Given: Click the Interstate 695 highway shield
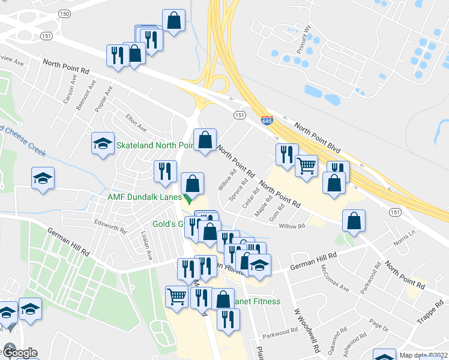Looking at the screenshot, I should click(267, 121).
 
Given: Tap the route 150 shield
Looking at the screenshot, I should click(65, 13).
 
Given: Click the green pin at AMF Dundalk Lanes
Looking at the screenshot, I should click(188, 200).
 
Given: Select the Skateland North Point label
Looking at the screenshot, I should click(154, 146).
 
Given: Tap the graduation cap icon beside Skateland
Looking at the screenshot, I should click(103, 143).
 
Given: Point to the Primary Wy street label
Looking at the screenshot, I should click(308, 43).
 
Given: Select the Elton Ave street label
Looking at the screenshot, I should click(136, 124).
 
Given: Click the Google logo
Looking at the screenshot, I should click(19, 353).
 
